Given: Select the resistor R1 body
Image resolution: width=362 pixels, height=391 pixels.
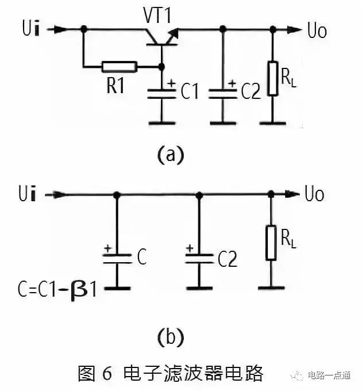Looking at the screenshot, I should tap(120, 67).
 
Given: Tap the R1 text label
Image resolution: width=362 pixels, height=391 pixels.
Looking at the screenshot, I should tap(116, 87).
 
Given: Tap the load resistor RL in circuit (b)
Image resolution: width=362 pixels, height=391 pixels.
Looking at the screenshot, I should tap(270, 242).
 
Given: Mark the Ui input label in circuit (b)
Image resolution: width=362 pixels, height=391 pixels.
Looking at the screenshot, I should tap(28, 195).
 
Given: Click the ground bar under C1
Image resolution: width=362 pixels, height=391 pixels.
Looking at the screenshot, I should tap(161, 122).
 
